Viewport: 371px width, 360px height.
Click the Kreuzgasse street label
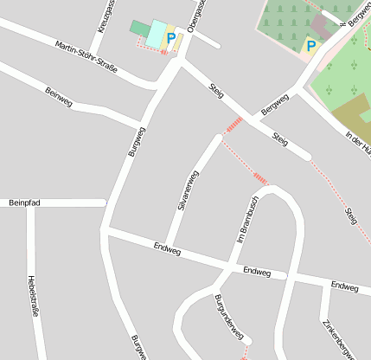[x=106, y=16]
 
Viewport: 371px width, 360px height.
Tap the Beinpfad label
[x=25, y=202]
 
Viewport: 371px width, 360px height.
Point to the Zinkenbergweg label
[x=338, y=338]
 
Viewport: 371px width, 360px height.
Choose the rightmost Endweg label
[x=344, y=286]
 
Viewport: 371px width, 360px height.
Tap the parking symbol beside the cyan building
[x=171, y=38]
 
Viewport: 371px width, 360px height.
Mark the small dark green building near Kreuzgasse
[x=139, y=29]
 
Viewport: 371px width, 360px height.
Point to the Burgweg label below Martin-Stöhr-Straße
[x=137, y=141]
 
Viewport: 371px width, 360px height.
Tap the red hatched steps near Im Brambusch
[x=260, y=179]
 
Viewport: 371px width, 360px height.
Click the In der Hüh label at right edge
[x=357, y=143]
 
